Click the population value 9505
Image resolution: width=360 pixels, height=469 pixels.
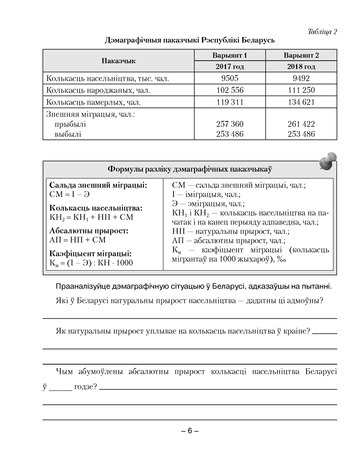[230, 78]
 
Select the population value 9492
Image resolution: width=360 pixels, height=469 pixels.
[301, 78]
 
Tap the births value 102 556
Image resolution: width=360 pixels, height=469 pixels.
[230, 90]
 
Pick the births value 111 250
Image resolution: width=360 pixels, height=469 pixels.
[301, 90]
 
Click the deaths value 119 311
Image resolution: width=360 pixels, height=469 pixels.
[230, 102]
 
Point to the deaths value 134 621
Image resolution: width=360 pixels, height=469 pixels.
[301, 102]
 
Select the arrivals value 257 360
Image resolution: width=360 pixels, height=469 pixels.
[230, 124]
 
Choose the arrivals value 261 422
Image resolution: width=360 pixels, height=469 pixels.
[301, 124]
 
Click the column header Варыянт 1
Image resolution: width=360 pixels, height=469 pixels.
[230, 55]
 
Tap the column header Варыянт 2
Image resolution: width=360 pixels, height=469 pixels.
[301, 55]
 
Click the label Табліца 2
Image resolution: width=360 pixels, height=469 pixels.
[322, 32]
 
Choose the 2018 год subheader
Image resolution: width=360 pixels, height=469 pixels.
[301, 67]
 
